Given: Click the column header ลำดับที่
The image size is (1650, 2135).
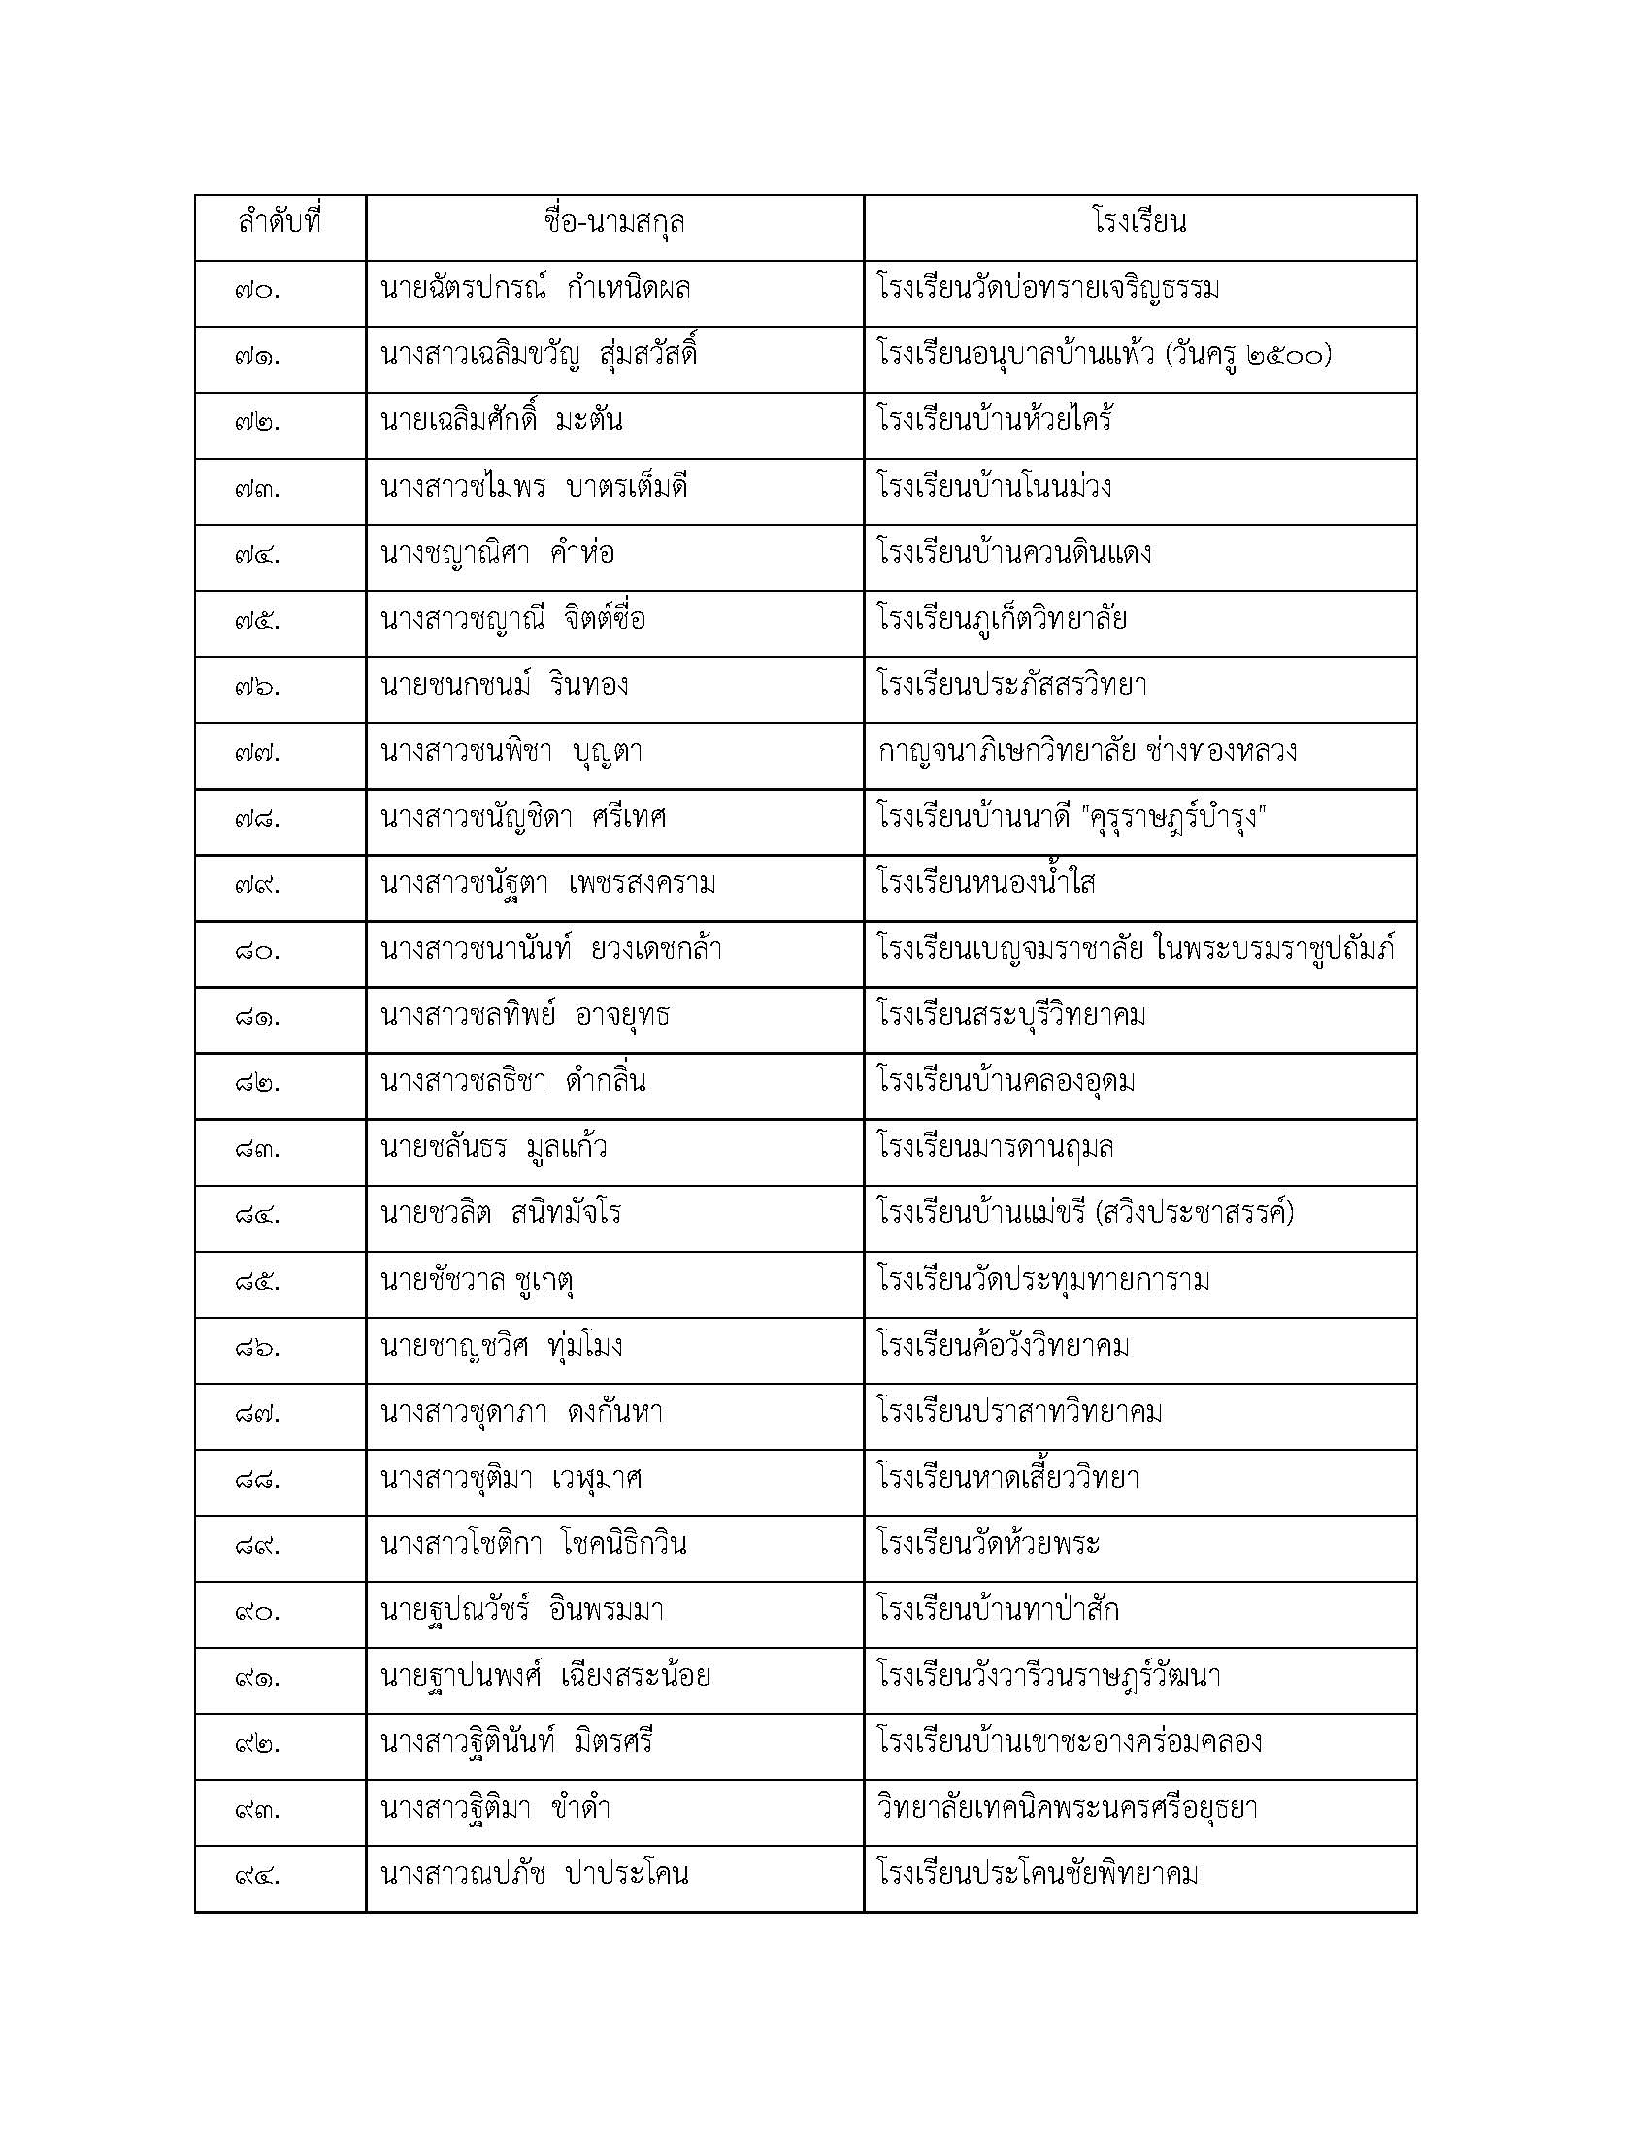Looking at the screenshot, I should [x=280, y=224].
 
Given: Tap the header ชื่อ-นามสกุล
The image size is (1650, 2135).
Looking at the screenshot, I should [x=613, y=224].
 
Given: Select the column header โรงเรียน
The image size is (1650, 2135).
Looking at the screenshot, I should [x=1139, y=224].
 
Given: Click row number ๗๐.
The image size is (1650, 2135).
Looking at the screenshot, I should [x=258, y=291].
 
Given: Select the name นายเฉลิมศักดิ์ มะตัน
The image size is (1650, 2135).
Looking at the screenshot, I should [x=502, y=421].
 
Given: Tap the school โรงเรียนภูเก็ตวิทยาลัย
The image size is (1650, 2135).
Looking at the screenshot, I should [x=1002, y=620].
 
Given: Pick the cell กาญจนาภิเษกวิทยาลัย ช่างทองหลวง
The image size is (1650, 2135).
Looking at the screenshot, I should [x=1088, y=752].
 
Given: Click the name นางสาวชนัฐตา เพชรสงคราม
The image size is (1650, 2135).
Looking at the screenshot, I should [x=548, y=884].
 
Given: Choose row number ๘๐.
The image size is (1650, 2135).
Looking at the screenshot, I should [x=258, y=951].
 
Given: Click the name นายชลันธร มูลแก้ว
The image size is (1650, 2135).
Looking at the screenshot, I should [x=494, y=1148].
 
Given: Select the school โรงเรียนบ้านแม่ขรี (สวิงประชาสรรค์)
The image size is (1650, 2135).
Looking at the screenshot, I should [x=1086, y=1214].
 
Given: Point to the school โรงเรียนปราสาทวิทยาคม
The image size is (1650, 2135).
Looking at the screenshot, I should [x=1019, y=1413].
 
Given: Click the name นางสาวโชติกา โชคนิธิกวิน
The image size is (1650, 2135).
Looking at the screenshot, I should [x=534, y=1545].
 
